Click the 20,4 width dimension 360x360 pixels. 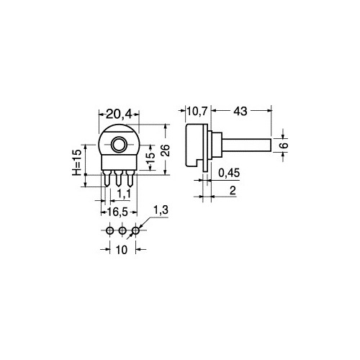coord(119,113)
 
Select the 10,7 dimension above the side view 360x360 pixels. coord(197,113)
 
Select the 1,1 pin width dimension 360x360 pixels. coord(123,194)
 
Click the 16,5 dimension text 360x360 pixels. coord(118,213)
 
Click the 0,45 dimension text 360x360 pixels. coord(230,174)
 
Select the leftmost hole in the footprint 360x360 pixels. coord(109,230)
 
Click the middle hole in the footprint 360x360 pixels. coord(122,230)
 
